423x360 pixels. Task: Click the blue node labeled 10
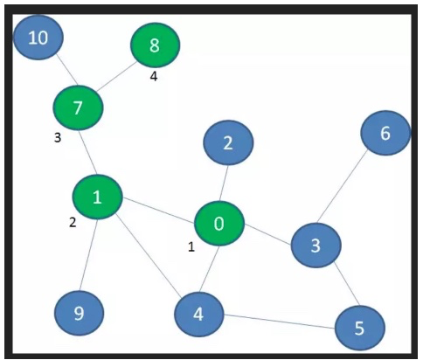[x=38, y=38]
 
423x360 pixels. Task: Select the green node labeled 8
[x=155, y=45]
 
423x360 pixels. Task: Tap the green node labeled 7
[x=78, y=107]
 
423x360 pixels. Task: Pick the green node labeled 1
[x=97, y=197]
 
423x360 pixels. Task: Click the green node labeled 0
[x=219, y=224]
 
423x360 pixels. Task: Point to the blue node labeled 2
[x=228, y=142]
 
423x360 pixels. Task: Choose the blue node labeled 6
[x=385, y=133]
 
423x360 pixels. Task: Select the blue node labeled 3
[x=316, y=246]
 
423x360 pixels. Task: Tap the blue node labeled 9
[x=79, y=313]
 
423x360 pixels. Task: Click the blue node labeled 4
[x=199, y=315]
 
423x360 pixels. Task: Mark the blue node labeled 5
[x=360, y=328]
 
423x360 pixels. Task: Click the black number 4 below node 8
[x=154, y=76]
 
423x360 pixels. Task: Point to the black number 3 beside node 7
[x=58, y=138]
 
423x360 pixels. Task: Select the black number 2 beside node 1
[x=73, y=223]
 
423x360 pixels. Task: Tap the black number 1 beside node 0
[x=191, y=247]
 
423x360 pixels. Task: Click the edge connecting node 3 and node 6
[x=343, y=186]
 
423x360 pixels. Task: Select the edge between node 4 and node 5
[x=280, y=322]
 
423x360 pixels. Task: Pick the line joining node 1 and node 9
[x=88, y=255]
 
